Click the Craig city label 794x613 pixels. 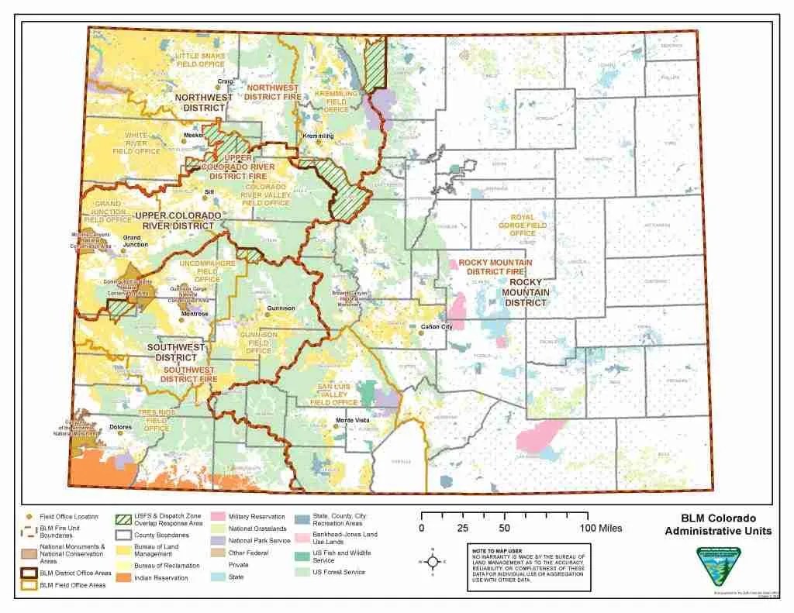pos(226,81)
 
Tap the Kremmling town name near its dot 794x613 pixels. pos(318,136)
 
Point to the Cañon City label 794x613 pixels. pos(437,326)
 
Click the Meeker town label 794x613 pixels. pos(193,136)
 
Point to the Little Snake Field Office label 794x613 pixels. pos(200,60)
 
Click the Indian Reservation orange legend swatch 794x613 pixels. pos(123,577)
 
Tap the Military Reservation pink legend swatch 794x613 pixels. pos(216,516)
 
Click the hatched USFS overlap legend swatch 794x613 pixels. pos(123,520)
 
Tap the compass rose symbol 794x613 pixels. pos(433,561)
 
